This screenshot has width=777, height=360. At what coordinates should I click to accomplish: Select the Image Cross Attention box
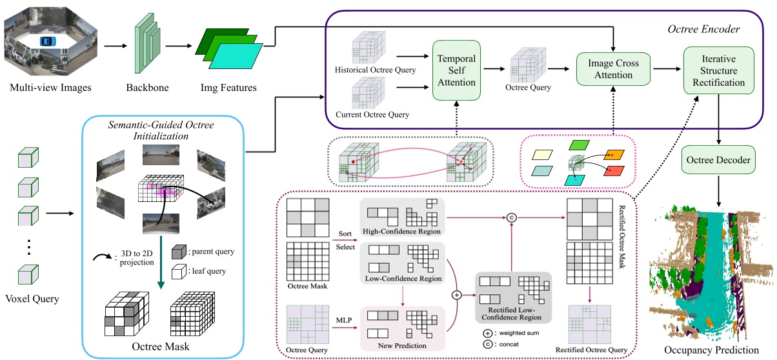613,69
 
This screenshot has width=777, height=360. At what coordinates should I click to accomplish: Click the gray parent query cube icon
180,252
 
